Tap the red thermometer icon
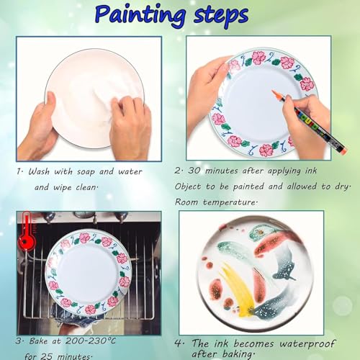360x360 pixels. pos(27,228)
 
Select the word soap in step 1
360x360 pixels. pos(84,172)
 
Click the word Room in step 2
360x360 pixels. pos(189,202)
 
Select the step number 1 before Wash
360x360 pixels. pos(21,172)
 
